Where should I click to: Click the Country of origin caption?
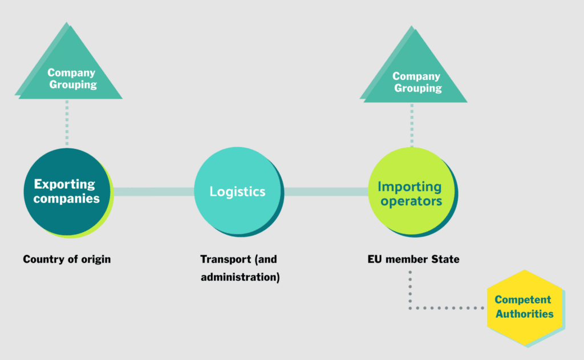tap(67, 259)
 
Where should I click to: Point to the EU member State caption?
tap(413, 259)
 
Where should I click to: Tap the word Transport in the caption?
tap(225, 259)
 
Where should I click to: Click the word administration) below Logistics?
tap(240, 278)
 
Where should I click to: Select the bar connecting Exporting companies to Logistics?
tap(154, 192)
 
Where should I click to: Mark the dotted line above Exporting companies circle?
tap(67, 123)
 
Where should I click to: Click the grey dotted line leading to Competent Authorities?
tap(445, 308)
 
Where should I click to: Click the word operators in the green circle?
tap(411, 202)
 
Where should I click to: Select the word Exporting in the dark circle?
tap(64, 184)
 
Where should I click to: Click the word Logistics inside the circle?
tap(237, 192)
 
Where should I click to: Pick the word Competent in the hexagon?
tap(523, 300)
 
